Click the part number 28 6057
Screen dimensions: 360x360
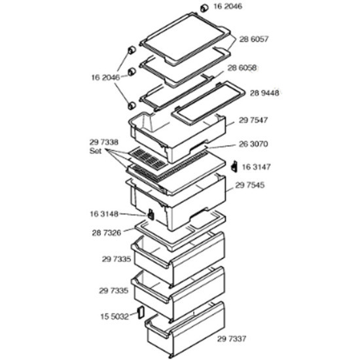click(x=254, y=39)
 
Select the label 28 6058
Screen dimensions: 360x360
click(x=242, y=68)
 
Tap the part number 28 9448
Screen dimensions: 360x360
click(x=264, y=93)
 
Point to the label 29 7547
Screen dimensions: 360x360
click(x=253, y=120)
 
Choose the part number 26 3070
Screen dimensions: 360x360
click(x=253, y=144)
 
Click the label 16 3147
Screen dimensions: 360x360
click(x=256, y=167)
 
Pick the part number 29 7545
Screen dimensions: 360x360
click(x=250, y=185)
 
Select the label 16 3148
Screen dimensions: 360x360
click(x=104, y=214)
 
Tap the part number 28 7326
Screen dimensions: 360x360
click(x=106, y=233)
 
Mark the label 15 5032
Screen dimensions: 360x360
click(x=115, y=317)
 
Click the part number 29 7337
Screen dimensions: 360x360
click(x=232, y=338)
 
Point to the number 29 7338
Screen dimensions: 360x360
click(x=104, y=142)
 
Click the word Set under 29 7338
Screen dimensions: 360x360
click(x=96, y=151)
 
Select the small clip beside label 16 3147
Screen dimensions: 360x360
click(x=234, y=166)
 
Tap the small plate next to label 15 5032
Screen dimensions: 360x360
click(x=140, y=312)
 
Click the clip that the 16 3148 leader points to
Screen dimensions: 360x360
click(x=151, y=214)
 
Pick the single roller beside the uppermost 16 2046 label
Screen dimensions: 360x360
click(x=204, y=9)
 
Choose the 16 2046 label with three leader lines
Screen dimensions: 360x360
click(x=105, y=78)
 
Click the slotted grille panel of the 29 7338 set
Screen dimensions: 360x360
click(x=147, y=158)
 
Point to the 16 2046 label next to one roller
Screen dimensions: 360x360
click(x=228, y=6)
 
